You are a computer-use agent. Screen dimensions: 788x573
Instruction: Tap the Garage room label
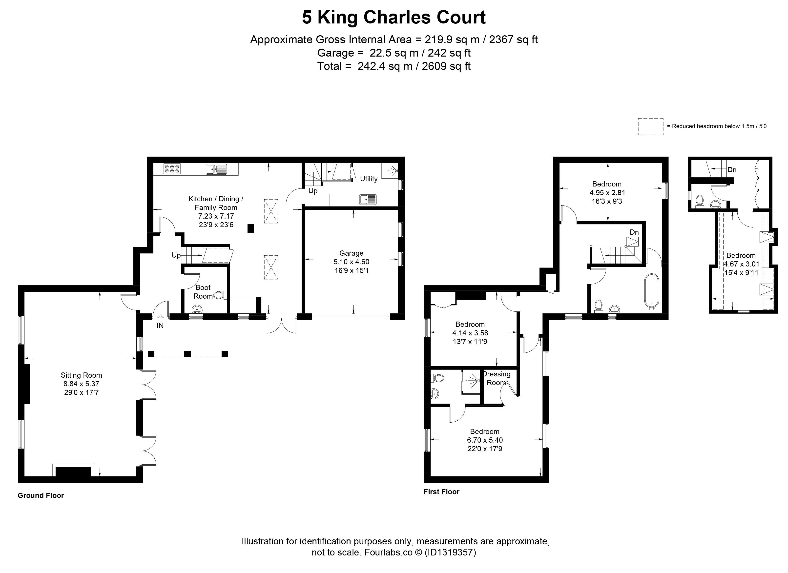pos(351,253)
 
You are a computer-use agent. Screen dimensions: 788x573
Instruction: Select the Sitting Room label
pos(81,375)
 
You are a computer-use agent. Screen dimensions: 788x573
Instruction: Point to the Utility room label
pos(369,179)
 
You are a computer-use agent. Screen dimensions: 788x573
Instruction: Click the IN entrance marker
pos(160,326)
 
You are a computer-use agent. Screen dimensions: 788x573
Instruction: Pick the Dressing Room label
pos(497,378)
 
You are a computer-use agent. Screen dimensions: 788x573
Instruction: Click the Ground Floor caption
pos(41,495)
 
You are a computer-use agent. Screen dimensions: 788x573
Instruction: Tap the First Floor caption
pos(442,492)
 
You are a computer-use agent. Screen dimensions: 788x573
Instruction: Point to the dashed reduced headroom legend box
pos(650,126)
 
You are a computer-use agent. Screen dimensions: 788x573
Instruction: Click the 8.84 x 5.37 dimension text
pos(81,384)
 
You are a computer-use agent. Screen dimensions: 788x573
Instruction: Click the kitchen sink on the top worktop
pos(216,169)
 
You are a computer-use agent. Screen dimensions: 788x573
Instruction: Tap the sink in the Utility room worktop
pos(368,200)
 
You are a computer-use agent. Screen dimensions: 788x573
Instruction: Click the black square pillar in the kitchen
pos(250,228)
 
